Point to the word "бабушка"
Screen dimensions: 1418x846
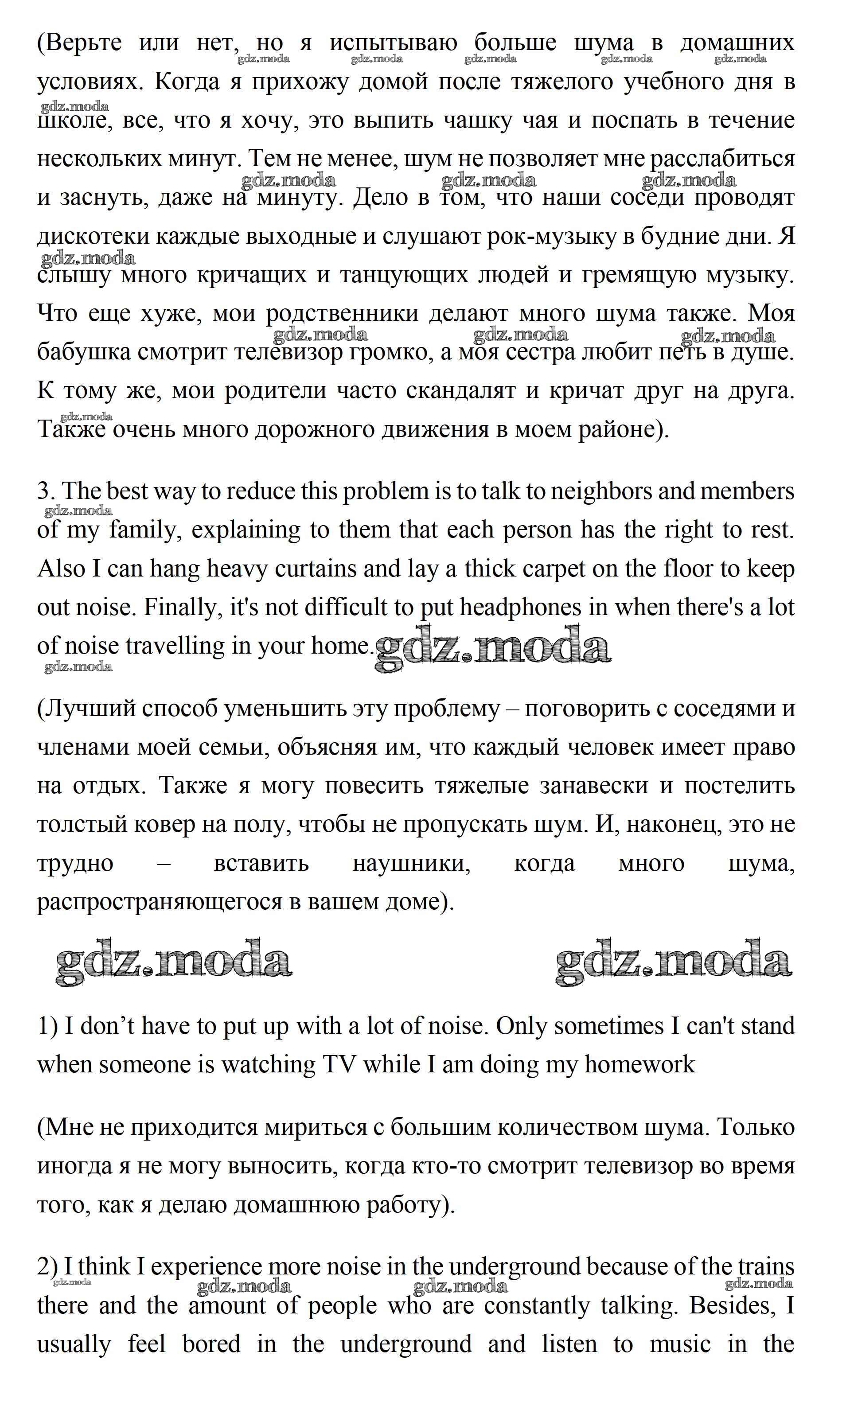(x=83, y=352)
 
